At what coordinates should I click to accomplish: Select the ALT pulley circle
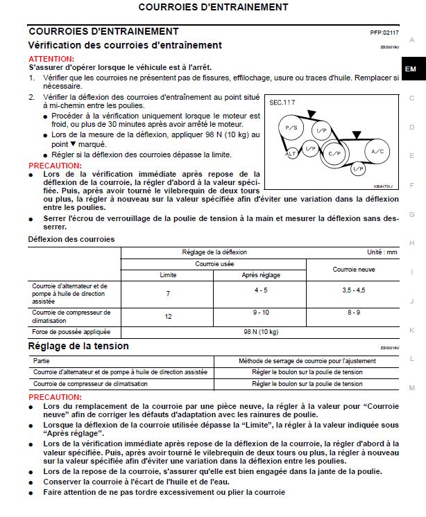(x=292, y=151)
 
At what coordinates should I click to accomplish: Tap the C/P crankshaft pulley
(x=335, y=152)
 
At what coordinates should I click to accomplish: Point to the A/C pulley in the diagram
(x=377, y=150)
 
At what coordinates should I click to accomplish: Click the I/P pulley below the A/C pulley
(x=358, y=169)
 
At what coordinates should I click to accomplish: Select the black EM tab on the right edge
(x=411, y=69)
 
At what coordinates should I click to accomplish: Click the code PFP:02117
(x=384, y=33)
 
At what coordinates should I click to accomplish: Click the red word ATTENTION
(x=51, y=60)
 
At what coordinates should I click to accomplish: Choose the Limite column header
(x=168, y=275)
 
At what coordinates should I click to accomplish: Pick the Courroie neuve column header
(x=354, y=269)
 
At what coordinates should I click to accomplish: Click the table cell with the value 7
(x=168, y=294)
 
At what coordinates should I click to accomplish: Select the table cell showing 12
(x=168, y=317)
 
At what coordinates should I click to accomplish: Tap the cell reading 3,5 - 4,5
(x=354, y=290)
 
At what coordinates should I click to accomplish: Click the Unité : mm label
(x=382, y=252)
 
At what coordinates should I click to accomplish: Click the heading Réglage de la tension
(x=78, y=346)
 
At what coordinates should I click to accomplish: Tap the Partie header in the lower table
(x=42, y=361)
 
